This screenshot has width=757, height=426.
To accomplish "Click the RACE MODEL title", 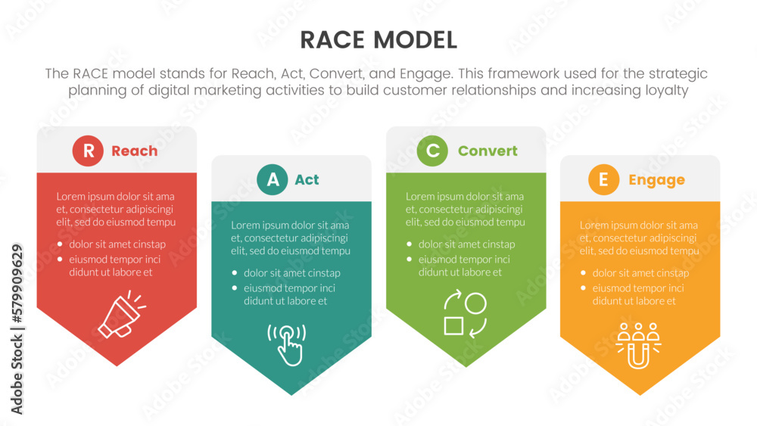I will [378, 39].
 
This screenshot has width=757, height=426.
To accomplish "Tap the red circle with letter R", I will [89, 151].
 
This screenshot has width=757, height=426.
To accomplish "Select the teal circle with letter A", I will [273, 180].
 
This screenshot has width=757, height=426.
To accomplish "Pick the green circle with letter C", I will [432, 151].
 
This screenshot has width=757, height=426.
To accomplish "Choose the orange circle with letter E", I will [603, 180].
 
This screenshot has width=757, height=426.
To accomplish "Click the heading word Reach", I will [135, 151].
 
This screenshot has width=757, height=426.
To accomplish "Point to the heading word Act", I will [307, 180].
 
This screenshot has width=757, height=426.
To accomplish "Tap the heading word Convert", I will [488, 151].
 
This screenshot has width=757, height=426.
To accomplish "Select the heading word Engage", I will [656, 180].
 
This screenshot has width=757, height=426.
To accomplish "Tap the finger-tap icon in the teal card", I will [288, 344].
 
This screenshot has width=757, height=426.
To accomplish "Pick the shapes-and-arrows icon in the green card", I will [464, 315].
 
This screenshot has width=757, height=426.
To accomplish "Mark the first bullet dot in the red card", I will [60, 244].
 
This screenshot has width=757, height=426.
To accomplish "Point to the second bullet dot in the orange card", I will [583, 288].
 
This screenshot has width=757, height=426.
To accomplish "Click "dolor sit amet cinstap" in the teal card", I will [292, 273].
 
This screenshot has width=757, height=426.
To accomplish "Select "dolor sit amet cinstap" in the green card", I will [466, 244].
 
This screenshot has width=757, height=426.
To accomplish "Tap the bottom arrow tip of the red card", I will [117, 364].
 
